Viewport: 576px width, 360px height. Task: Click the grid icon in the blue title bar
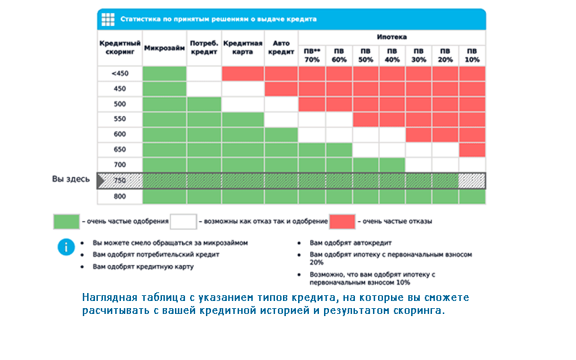(108, 19)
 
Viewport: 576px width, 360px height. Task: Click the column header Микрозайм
(164, 48)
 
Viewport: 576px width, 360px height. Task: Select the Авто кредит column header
(281, 48)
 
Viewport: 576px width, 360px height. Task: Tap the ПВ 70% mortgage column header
(312, 55)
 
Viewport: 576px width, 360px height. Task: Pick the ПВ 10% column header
(472, 55)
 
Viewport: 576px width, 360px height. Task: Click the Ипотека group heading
(392, 37)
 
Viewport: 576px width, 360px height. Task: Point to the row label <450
(120, 73)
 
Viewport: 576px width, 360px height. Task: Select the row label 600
(120, 134)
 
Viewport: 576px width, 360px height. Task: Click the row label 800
(120, 196)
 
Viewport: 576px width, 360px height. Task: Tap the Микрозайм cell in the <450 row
(165, 73)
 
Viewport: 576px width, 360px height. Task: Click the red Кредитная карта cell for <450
(243, 73)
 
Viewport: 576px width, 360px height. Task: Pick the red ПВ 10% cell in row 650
(472, 150)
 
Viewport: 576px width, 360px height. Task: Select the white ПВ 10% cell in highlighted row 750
(472, 181)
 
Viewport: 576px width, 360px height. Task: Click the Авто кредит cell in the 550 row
(281, 120)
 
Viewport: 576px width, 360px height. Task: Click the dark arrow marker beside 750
(101, 181)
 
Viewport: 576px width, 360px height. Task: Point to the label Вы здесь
(71, 179)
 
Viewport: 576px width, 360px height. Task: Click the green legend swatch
(66, 222)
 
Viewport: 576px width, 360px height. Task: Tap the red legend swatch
(343, 222)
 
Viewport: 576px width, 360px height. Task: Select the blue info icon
(66, 247)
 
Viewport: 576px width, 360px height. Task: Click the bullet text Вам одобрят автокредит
(351, 243)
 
